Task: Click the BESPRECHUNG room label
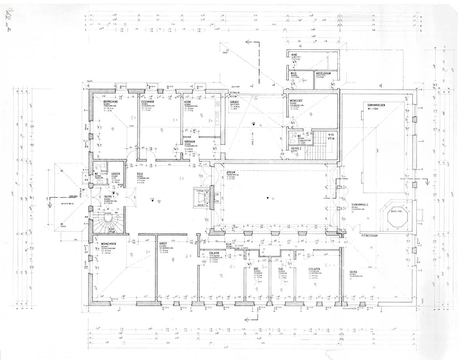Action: coord(111,102)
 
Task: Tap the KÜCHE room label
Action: coord(188,102)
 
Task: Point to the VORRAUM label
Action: coord(190,142)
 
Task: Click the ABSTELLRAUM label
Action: coord(324,73)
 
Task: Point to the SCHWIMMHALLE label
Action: coord(360,204)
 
